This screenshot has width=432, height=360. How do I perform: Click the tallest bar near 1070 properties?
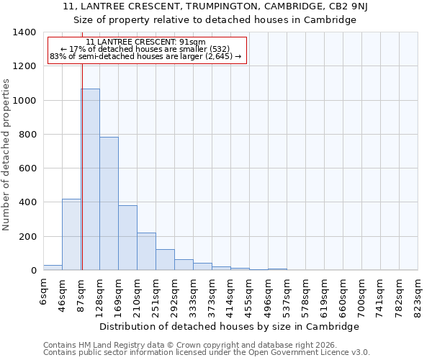pos(90,179)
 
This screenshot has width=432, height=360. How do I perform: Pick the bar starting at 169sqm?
pos(127,238)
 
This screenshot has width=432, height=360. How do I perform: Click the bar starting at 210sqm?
pos(146,251)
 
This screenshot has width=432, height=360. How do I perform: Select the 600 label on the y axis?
pos(27,168)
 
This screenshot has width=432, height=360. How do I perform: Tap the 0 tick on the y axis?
pos(33,271)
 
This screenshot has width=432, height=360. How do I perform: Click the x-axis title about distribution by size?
pos(229,326)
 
